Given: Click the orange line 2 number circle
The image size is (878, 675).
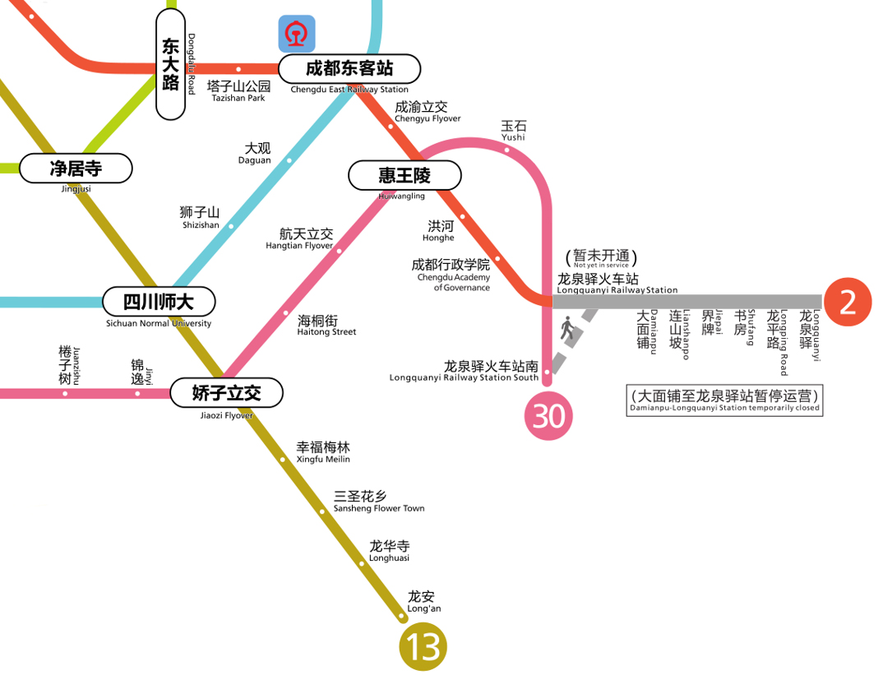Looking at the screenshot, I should coord(848,302).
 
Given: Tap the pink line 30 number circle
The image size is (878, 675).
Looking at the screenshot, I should coord(548,416).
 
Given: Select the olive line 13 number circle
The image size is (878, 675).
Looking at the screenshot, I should coord(423,648).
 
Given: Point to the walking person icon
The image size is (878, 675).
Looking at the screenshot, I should coord(567,330).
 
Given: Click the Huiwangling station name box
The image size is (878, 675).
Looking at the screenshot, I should coord(404,175).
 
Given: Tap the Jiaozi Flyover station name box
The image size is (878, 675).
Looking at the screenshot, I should coord(226,393).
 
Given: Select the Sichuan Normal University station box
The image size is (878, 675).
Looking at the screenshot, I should coord(159,302).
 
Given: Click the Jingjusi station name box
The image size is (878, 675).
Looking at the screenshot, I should coord(76,169).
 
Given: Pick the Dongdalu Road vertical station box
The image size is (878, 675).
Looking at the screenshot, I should coord(170,64).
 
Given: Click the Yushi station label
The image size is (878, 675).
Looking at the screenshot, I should coord(514,130).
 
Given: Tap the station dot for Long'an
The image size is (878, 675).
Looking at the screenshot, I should coord(402,617).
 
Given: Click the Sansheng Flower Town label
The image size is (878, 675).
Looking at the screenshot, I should coord(378,502).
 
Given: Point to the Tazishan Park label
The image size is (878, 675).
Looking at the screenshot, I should coord(238,90).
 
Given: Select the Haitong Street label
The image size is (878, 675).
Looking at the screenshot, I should coord(326,325).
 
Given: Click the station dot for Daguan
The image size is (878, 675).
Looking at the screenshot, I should coord(289,161).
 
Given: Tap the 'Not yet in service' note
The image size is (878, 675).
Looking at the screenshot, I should coord(601,258).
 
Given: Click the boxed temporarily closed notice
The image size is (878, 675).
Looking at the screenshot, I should coord(724,400).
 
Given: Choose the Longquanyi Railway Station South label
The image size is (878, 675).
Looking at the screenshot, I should coord(464,371).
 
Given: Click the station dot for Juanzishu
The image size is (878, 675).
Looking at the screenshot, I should coord(65,393).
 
